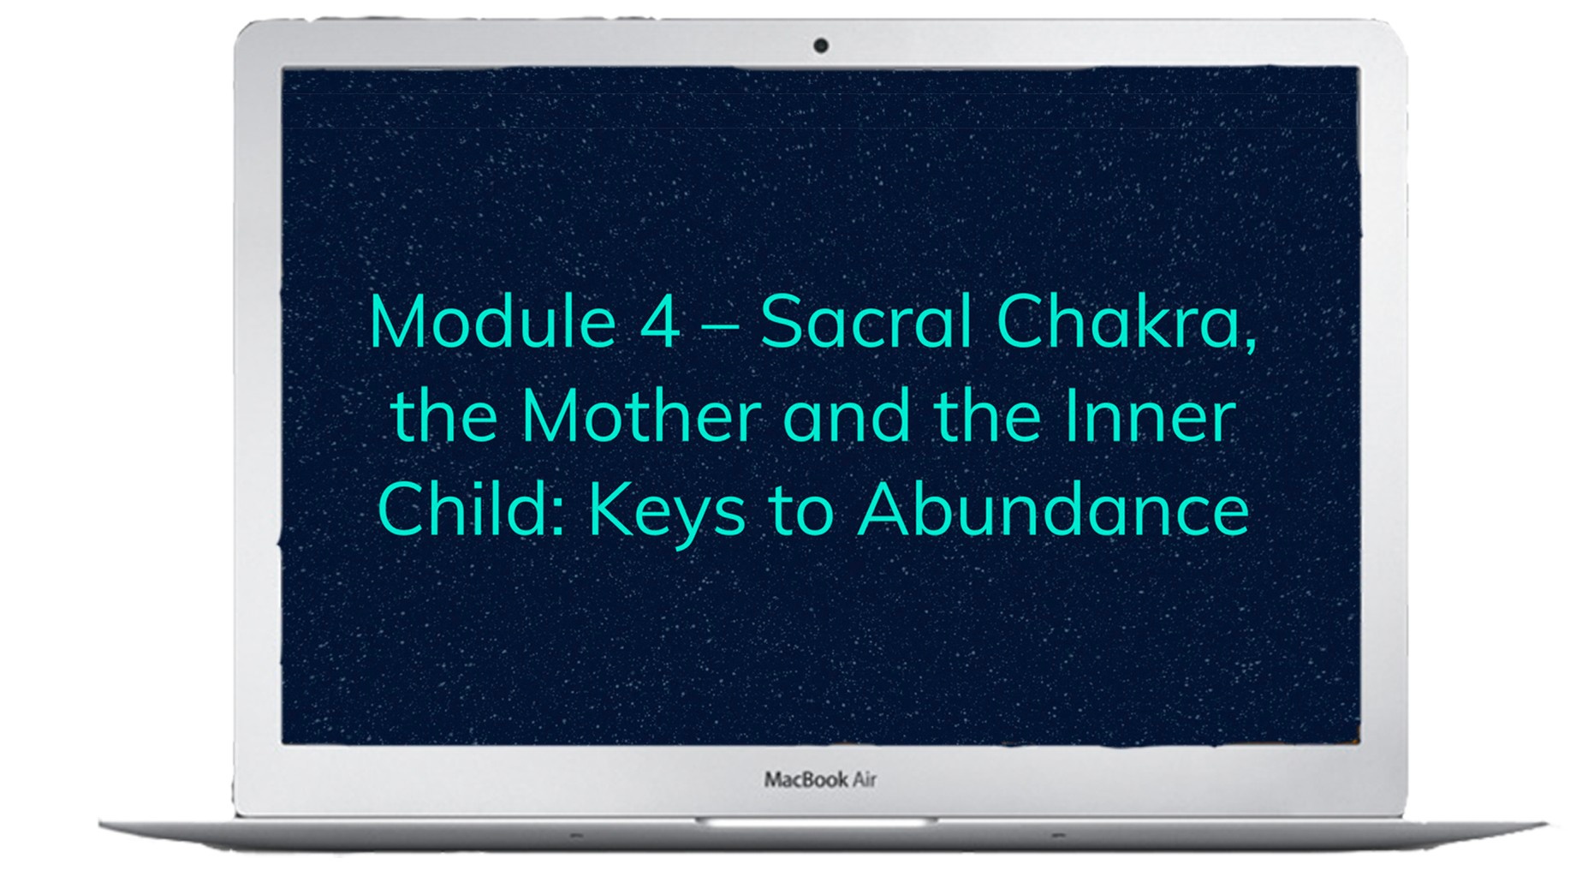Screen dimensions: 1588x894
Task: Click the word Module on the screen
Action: point(493,322)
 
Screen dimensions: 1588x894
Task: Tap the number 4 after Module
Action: point(661,323)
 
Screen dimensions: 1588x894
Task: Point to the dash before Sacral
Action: point(720,329)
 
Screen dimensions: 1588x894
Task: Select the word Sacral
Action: point(865,322)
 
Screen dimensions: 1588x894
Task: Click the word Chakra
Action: point(1118,322)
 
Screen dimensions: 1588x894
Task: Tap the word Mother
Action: point(640,416)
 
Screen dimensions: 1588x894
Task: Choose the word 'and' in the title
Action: point(847,416)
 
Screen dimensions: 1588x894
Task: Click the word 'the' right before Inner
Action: point(987,416)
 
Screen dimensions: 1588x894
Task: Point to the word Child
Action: point(465,510)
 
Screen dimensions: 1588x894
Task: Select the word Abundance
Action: point(1053,510)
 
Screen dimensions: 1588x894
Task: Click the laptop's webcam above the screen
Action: point(821,45)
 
